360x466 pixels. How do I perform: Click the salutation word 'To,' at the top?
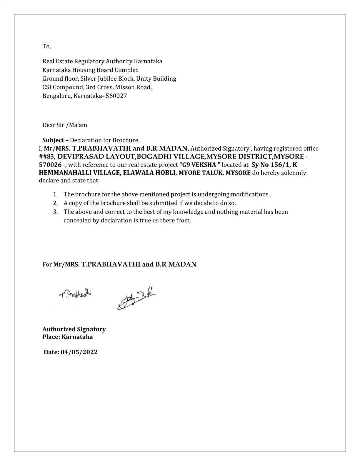coord(46,46)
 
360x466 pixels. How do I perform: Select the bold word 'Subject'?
coord(53,140)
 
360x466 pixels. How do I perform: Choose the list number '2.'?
coord(56,203)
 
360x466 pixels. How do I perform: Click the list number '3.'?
coord(56,212)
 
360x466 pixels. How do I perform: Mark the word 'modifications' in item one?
coord(250,194)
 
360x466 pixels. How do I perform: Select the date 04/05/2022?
coord(79,352)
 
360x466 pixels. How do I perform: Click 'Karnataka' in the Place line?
coord(77,337)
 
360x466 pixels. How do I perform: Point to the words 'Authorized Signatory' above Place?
coord(74,329)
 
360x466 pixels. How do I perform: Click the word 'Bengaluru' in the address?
coord(56,96)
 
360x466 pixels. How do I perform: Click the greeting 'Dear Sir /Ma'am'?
coord(65,125)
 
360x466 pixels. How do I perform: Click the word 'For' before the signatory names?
coord(47,264)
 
